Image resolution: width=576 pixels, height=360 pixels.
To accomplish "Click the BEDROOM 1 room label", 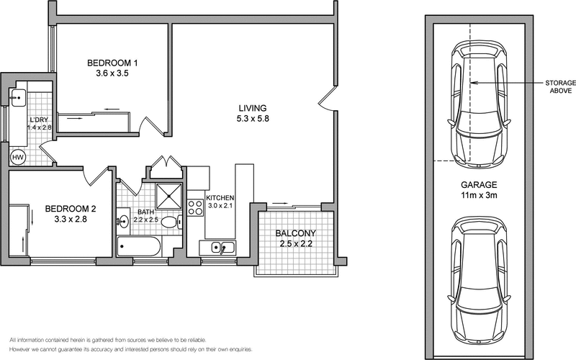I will click(112, 63).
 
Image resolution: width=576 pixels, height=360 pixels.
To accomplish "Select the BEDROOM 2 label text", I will click(71, 210).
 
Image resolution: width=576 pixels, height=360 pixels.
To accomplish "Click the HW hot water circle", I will click(17, 156).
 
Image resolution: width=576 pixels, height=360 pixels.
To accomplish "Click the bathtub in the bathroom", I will click(139, 247).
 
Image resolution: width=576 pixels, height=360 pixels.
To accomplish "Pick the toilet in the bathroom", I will click(170, 222).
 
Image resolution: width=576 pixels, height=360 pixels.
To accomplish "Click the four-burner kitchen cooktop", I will click(194, 207).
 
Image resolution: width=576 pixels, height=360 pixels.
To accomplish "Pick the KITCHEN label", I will click(219, 198).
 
